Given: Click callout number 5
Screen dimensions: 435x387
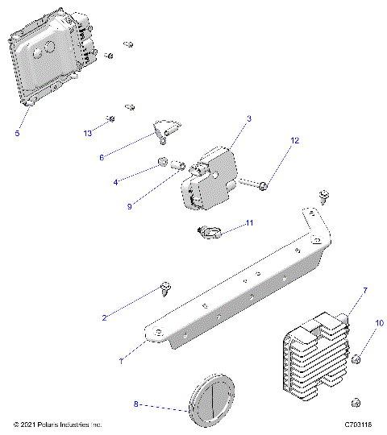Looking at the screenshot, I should click(17, 134).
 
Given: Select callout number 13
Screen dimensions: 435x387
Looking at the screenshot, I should click(88, 131).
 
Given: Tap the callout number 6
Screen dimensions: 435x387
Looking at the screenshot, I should click(102, 157).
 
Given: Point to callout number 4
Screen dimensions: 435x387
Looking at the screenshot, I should click(115, 183).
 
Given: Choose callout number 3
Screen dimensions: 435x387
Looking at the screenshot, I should click(249, 118).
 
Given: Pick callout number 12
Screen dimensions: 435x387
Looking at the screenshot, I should click(294, 140).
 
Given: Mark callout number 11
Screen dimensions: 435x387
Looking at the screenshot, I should click(250, 222).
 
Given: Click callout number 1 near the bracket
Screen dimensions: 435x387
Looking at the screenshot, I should click(121, 362).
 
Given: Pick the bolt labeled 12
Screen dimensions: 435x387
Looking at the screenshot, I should click(250, 187).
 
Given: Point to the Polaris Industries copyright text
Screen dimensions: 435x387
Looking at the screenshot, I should click(58, 424).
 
